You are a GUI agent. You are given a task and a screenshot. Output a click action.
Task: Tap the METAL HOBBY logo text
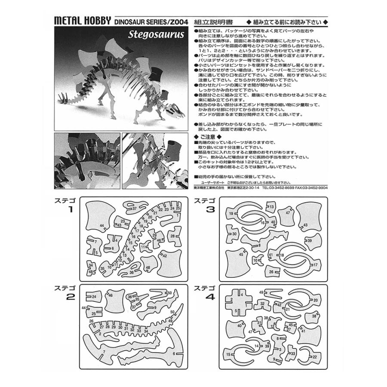pos(82,21)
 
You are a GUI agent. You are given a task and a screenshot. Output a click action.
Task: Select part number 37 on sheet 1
pos(135,208)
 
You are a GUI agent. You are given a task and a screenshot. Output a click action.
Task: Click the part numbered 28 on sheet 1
pos(172,236)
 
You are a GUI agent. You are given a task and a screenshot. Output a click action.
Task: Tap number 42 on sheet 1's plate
pos(164,255)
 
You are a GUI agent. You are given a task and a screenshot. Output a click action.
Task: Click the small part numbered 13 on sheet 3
pos(272,207)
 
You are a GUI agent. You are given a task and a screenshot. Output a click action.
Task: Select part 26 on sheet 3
pos(271,272)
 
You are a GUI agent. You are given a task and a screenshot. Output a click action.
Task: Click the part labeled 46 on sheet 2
pos(111,295)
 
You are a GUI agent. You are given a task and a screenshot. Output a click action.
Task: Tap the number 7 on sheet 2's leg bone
pos(104,352)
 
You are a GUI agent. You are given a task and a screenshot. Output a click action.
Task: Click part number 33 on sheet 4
pos(293,353)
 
